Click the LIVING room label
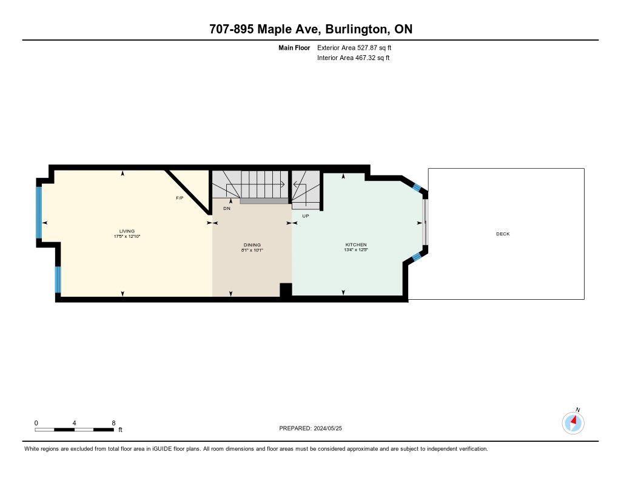point(127,231)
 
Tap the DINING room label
point(252,245)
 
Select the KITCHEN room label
point(355,245)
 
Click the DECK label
point(503,234)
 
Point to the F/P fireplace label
point(180,198)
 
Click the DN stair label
point(227,208)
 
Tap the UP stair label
point(306,216)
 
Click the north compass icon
point(573,422)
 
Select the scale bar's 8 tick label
point(113,423)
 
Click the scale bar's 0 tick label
point(36,423)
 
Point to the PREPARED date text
point(310,428)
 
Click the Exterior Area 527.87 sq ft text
point(354,47)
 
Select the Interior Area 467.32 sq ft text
point(354,58)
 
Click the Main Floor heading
point(294,47)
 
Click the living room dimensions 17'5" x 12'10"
point(127,236)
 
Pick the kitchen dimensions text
point(356,250)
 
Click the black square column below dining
point(286,289)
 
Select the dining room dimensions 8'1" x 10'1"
point(252,250)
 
